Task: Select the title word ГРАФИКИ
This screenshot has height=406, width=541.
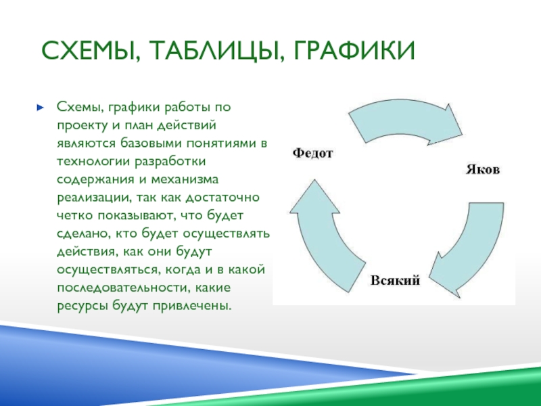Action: tap(354, 50)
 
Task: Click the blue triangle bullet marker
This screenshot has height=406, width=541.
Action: tap(41, 108)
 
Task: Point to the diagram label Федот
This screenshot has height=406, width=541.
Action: tap(312, 153)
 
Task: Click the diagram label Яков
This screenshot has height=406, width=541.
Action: tap(483, 170)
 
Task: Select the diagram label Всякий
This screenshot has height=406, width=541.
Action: tap(395, 280)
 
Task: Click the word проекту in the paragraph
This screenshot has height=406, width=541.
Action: tap(82, 125)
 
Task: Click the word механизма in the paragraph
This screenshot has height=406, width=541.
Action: tap(184, 179)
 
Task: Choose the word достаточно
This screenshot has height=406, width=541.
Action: tap(222, 198)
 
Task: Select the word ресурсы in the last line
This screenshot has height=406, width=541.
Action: tap(83, 306)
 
